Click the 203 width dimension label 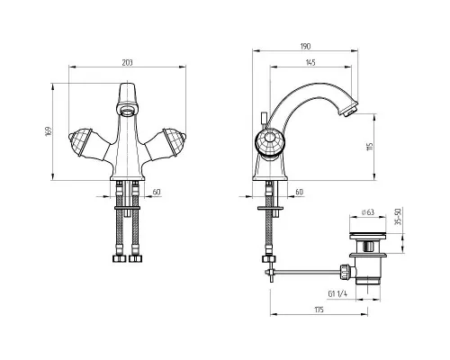click(127, 62)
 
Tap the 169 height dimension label click(49, 131)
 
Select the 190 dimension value click(305, 46)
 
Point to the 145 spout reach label click(310, 62)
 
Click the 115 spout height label click(370, 147)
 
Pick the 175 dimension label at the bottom click(319, 310)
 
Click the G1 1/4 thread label click(337, 293)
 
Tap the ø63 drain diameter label click(368, 212)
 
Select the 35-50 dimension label click(398, 217)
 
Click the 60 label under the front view click(157, 192)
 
